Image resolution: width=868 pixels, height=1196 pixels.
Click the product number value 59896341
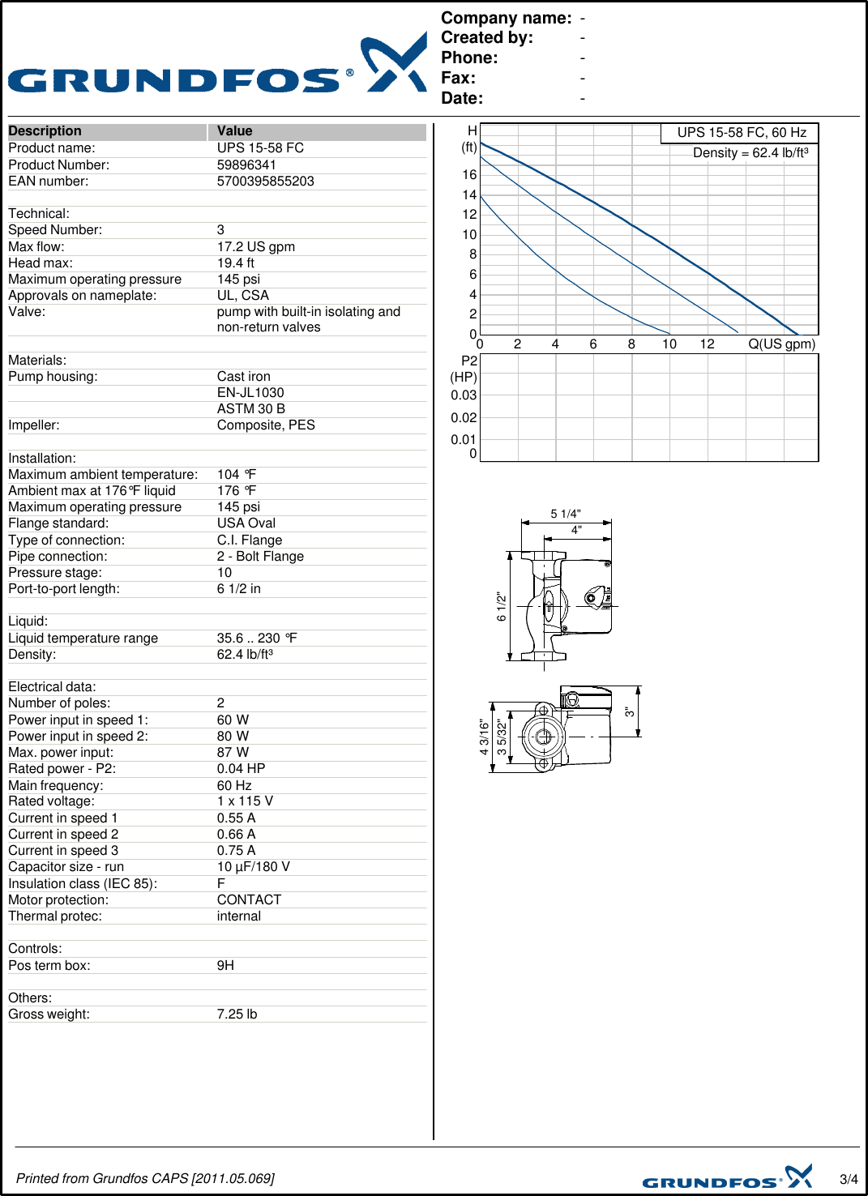pyautogui.click(x=246, y=164)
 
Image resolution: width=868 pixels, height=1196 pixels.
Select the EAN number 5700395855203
pyautogui.click(x=265, y=181)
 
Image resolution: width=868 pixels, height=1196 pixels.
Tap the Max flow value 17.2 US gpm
pyautogui.click(x=255, y=246)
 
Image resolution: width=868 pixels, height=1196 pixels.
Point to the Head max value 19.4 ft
pyautogui.click(x=235, y=263)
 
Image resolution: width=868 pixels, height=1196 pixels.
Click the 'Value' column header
pyautogui.click(x=234, y=131)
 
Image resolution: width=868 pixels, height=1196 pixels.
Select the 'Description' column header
pyautogui.click(x=45, y=131)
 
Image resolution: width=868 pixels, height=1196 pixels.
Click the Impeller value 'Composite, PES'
pyautogui.click(x=266, y=425)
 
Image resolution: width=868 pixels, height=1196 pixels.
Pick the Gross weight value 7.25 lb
pyautogui.click(x=237, y=1014)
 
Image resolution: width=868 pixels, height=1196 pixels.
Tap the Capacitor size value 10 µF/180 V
pyautogui.click(x=253, y=866)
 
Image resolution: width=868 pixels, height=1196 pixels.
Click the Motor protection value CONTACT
pyautogui.click(x=249, y=899)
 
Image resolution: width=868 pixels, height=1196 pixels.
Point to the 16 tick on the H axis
pyautogui.click(x=469, y=174)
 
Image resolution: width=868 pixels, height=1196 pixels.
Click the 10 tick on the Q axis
pyautogui.click(x=669, y=344)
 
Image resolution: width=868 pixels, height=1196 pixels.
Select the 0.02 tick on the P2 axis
pyautogui.click(x=464, y=417)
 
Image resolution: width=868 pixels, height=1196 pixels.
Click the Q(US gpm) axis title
pyautogui.click(x=781, y=344)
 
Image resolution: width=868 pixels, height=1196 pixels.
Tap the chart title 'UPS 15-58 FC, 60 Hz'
pyautogui.click(x=742, y=133)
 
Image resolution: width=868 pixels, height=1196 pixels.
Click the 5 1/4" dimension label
pyautogui.click(x=566, y=514)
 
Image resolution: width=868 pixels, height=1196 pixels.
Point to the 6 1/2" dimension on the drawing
pyautogui.click(x=502, y=607)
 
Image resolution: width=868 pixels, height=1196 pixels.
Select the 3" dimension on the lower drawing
pyautogui.click(x=629, y=711)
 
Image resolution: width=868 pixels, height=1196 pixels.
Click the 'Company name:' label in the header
pyautogui.click(x=506, y=18)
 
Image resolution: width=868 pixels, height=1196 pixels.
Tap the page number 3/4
pyautogui.click(x=848, y=1179)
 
